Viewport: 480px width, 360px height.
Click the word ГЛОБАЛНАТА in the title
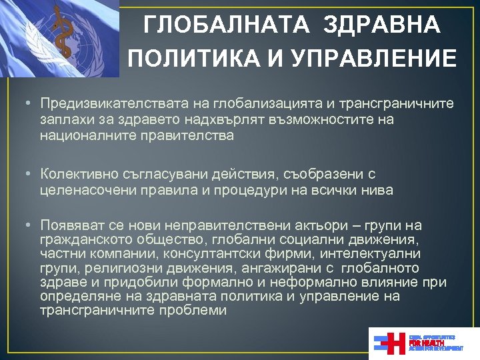tap(227, 25)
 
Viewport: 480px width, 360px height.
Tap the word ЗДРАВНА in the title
tap(382, 25)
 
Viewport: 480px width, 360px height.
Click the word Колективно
tap(73, 175)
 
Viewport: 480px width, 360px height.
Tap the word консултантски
tap(210, 254)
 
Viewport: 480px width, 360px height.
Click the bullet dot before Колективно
tap(23, 175)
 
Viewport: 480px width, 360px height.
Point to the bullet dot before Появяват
tap(23, 226)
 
